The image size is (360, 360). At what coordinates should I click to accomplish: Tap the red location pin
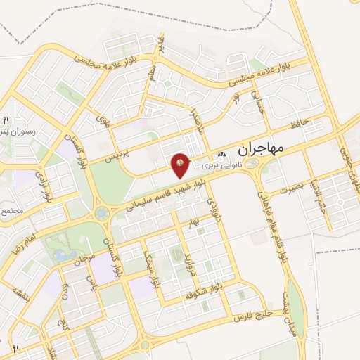tap(181, 165)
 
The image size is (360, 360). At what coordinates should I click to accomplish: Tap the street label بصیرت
tap(293, 189)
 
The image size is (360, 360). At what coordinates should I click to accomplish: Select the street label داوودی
tap(214, 208)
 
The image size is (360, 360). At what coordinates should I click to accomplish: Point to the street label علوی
tap(103, 126)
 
